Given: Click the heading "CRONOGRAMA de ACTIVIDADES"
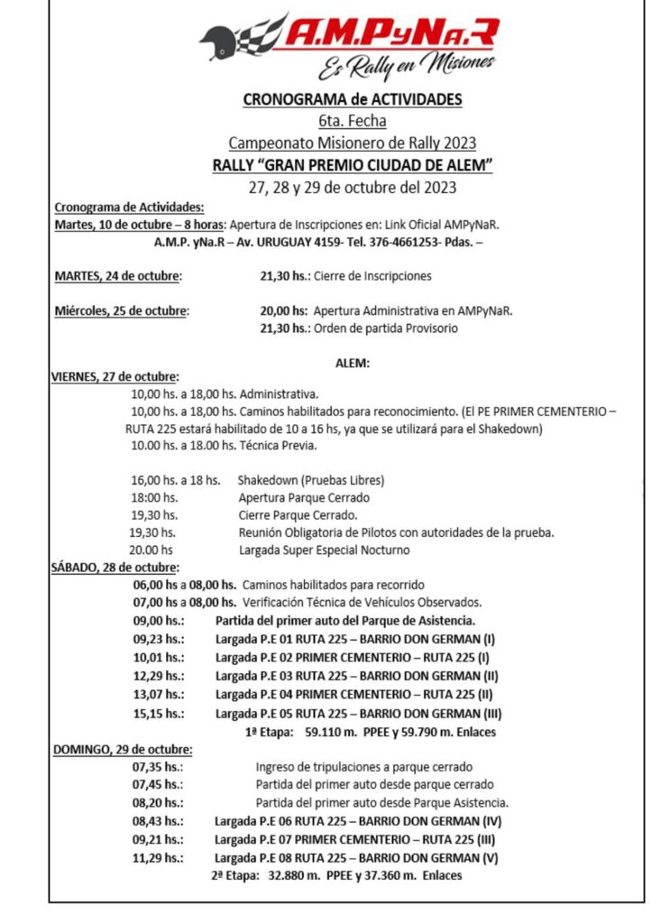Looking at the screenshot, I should tap(352, 99).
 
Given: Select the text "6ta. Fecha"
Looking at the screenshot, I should tap(352, 121).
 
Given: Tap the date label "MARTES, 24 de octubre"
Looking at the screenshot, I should tap(118, 276).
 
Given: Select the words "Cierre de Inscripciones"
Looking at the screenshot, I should tap(372, 276).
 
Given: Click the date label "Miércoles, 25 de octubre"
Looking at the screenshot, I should tap(122, 311).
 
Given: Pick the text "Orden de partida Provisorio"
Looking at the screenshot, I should tap(384, 328).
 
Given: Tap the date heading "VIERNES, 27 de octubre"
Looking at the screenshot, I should tap(115, 376).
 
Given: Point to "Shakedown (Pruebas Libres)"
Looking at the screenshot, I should tap(311, 480).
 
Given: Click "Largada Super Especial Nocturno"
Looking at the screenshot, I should tap(324, 550).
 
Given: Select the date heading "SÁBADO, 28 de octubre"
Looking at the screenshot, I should tap(114, 568).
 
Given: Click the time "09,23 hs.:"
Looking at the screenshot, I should tap(158, 637).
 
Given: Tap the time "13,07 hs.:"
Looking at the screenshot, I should tap(158, 694).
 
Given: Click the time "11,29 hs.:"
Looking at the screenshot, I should tap(158, 857).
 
